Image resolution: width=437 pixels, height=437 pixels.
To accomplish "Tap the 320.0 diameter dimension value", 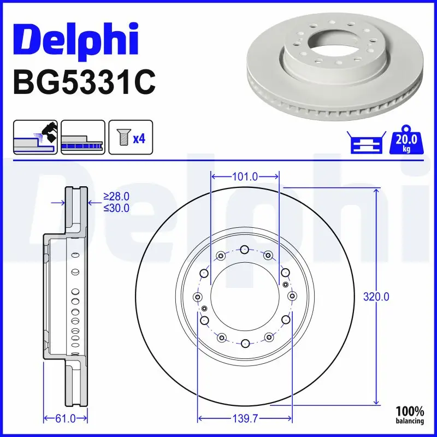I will (x=376, y=297).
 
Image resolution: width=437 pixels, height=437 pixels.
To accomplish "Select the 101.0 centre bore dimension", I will (x=245, y=177).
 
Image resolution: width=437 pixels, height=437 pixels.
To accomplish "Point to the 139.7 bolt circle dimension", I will (x=245, y=419).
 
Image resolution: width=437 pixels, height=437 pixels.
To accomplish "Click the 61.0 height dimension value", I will (x=66, y=419).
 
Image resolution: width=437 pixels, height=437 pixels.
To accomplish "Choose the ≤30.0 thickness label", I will (x=116, y=208).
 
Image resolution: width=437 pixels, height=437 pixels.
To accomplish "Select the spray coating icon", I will (x=35, y=137).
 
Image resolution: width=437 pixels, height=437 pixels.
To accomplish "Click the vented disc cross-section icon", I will (x=82, y=137).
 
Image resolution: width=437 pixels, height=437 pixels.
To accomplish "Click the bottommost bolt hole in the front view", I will (x=245, y=343).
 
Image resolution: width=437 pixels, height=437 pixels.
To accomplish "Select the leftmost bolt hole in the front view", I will (x=198, y=297).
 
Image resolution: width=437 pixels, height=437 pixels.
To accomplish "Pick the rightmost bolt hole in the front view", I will (x=292, y=297).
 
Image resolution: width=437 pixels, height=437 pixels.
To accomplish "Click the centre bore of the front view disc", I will (x=245, y=297).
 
